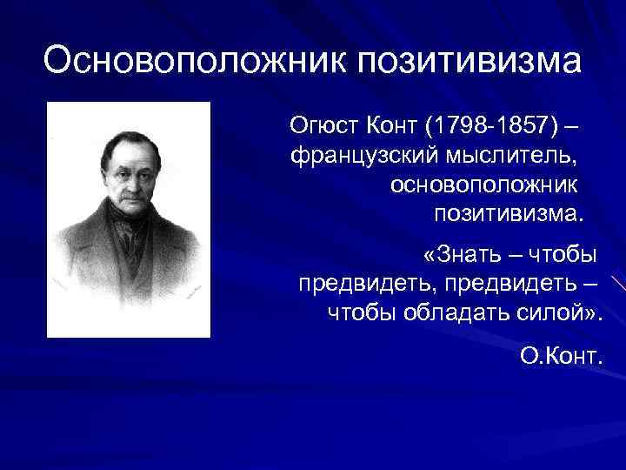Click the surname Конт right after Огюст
[393, 128]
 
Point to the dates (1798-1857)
[492, 128]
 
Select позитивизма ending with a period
[509, 213]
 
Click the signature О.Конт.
[562, 355]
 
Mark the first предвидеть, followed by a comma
[365, 284]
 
